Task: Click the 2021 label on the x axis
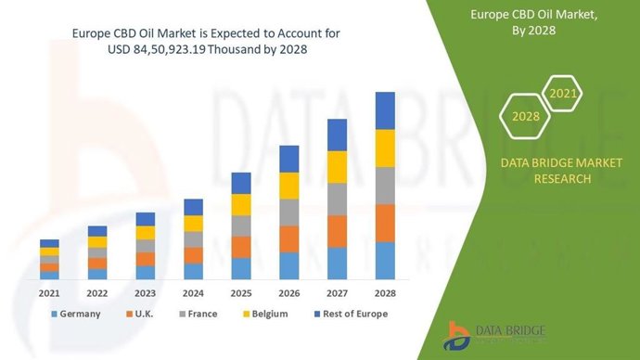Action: pyautogui.click(x=49, y=292)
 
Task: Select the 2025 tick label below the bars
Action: pyautogui.click(x=241, y=292)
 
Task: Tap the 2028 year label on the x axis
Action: pyautogui.click(x=385, y=292)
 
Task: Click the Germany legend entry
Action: pyautogui.click(x=75, y=314)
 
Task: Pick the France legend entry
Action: pyautogui.click(x=197, y=314)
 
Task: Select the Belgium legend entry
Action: pyautogui.click(x=262, y=314)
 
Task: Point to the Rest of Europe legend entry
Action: pyautogui.click(x=348, y=314)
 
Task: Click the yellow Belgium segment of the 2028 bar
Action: pyautogui.click(x=385, y=148)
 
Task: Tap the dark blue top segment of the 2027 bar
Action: pyautogui.click(x=337, y=135)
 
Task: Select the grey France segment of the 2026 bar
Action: pyautogui.click(x=288, y=212)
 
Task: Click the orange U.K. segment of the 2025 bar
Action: pyautogui.click(x=241, y=247)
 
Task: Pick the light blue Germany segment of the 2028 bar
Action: pyautogui.click(x=385, y=261)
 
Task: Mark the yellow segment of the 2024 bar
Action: pyautogui.click(x=193, y=224)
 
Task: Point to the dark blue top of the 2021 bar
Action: pyautogui.click(x=49, y=243)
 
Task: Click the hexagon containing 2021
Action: pyautogui.click(x=563, y=94)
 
